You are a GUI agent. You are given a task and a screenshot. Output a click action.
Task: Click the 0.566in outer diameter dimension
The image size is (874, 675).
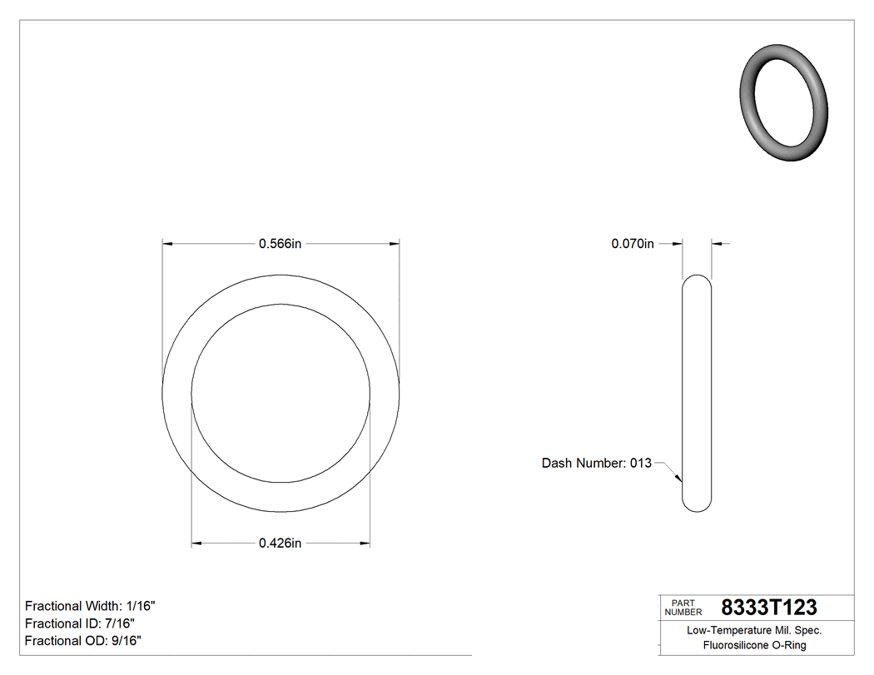280,244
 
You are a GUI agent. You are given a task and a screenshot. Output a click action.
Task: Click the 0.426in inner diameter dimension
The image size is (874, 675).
280,543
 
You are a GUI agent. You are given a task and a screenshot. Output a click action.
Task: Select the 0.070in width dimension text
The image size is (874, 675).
633,244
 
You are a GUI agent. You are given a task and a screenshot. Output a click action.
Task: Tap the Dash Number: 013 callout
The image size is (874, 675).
596,463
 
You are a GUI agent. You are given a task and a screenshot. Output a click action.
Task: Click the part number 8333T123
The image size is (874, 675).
768,607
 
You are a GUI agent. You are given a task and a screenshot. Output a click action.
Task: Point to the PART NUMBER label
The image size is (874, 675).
683,607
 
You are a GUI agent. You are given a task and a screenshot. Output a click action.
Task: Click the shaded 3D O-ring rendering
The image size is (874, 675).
784,103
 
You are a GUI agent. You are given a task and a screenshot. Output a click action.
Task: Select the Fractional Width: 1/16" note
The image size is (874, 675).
90,606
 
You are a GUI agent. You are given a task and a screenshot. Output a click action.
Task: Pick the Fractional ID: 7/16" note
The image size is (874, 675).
80,623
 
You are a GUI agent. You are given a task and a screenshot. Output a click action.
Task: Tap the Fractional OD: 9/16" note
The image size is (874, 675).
82,641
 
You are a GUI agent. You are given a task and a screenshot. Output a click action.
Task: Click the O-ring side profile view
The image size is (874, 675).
697,393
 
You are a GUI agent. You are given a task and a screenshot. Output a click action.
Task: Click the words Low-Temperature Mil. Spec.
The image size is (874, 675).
754,631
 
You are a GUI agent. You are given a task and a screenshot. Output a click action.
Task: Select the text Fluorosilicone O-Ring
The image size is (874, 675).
754,645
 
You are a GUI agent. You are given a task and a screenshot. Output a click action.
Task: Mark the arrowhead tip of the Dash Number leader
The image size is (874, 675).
681,481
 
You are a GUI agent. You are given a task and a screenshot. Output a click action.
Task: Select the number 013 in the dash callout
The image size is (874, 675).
640,463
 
